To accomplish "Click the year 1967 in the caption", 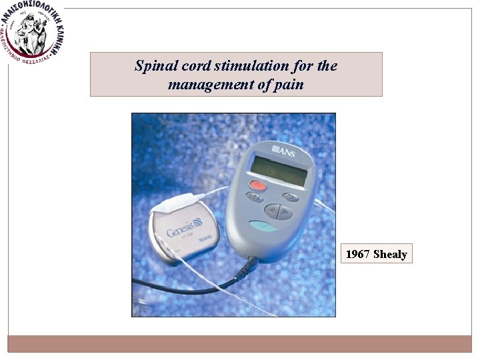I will pyautogui.click(x=358, y=254).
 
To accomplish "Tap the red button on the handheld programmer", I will pyautogui.click(x=257, y=185).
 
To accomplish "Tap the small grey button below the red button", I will pyautogui.click(x=254, y=197).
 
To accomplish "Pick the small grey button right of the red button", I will pyautogui.click(x=291, y=197).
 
